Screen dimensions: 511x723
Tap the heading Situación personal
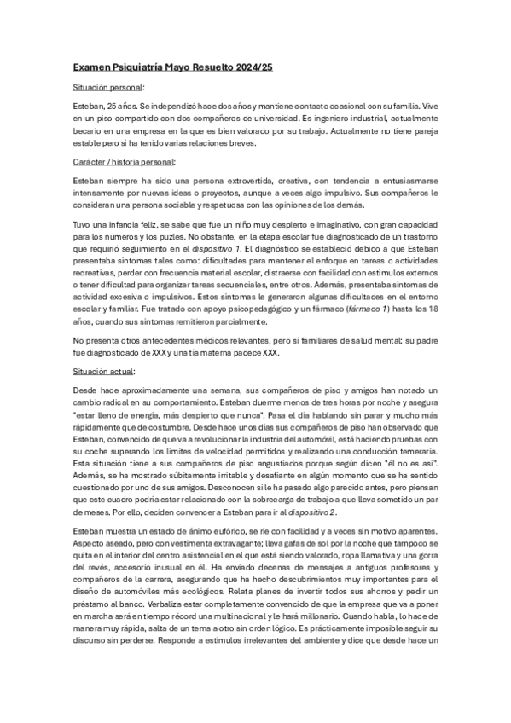pos(107,87)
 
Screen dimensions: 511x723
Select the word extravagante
pos(223,542)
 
